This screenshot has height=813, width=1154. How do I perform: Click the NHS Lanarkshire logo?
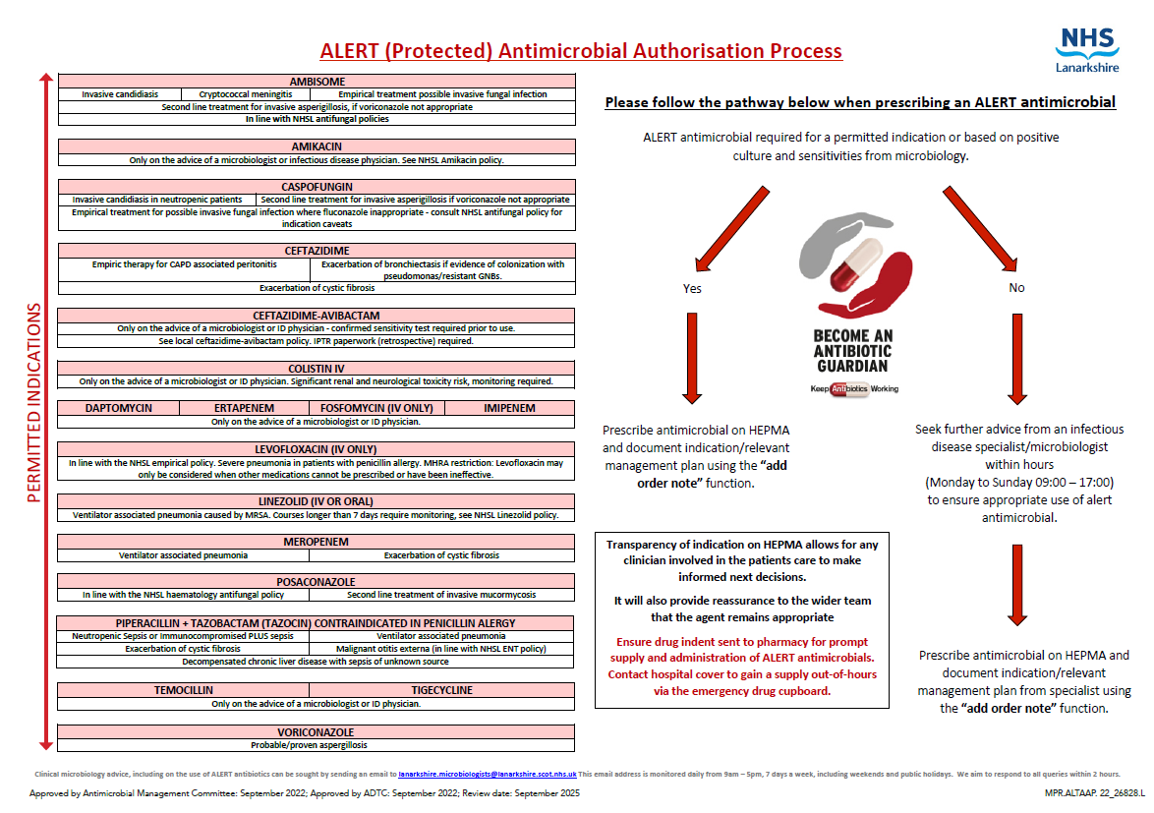click(1086, 50)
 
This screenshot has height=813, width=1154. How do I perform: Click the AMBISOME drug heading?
click(317, 82)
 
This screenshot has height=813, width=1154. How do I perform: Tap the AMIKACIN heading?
click(317, 145)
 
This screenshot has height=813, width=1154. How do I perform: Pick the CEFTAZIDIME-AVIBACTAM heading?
click(317, 316)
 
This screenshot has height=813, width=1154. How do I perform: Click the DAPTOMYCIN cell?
click(118, 408)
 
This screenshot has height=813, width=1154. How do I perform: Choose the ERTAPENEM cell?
click(244, 408)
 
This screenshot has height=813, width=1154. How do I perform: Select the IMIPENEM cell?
click(509, 408)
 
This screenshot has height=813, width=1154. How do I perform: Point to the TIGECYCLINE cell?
click(441, 690)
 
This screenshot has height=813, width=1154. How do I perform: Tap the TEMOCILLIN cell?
click(184, 690)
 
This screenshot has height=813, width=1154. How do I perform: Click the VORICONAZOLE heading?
click(317, 732)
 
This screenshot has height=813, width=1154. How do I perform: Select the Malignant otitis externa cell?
click(440, 649)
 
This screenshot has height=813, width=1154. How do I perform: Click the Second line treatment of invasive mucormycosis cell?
click(440, 595)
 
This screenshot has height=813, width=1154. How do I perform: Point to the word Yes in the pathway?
click(692, 288)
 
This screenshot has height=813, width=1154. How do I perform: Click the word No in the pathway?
click(1016, 288)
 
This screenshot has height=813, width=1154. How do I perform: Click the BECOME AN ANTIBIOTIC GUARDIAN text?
click(852, 351)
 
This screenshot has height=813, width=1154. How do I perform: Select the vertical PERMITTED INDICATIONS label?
click(33, 403)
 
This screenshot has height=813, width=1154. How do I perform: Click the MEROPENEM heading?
click(317, 542)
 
